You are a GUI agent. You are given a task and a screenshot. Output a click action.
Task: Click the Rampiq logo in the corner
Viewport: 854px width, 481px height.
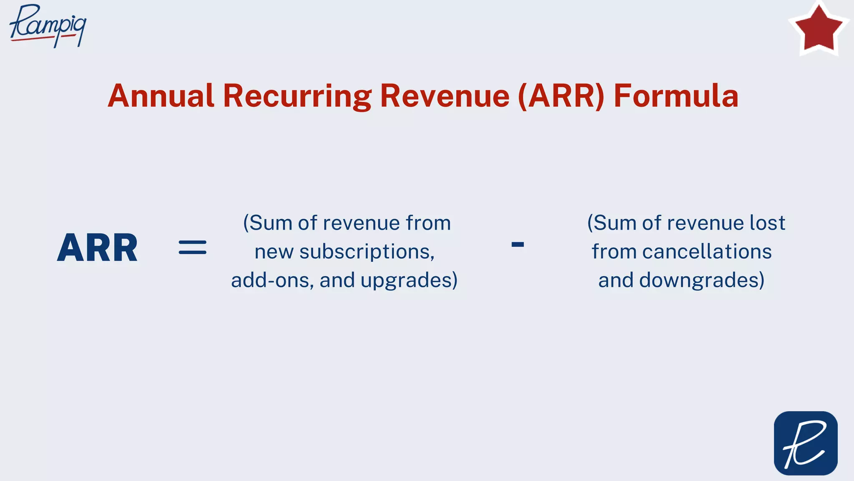[x=48, y=25]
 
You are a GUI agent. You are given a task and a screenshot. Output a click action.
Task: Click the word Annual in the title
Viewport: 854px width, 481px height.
[x=161, y=96]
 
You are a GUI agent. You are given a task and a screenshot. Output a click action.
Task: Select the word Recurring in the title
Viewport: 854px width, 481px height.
[x=297, y=96]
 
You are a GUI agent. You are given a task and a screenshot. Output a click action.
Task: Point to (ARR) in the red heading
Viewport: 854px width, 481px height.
[x=561, y=96]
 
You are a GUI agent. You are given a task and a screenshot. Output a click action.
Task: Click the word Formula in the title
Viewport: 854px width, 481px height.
[x=676, y=96]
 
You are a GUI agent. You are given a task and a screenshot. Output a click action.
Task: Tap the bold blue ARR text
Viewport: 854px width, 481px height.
[x=97, y=248]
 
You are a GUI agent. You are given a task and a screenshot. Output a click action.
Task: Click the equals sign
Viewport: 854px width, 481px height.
[x=192, y=247]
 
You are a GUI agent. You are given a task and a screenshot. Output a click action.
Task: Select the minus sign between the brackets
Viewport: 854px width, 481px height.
[x=517, y=245]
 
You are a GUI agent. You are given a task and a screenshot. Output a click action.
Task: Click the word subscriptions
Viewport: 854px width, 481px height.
[x=367, y=252]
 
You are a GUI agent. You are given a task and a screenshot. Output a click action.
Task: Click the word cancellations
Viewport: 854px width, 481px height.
[x=707, y=252]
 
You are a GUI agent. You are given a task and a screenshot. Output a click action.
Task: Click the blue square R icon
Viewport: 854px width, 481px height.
[x=806, y=443]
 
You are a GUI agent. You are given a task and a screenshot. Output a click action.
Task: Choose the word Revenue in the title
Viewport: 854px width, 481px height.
[x=445, y=96]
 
